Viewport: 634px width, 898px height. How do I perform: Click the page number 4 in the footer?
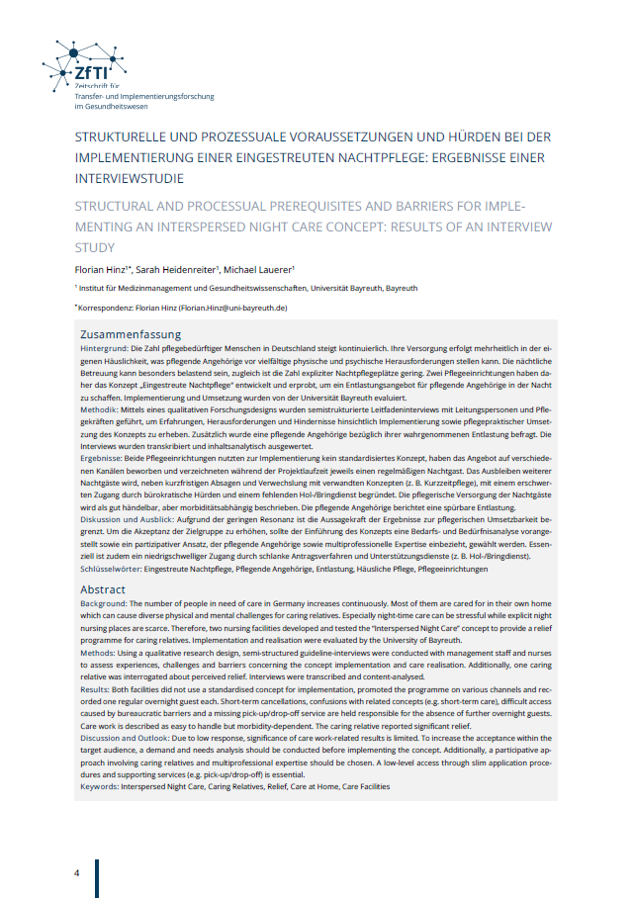75,874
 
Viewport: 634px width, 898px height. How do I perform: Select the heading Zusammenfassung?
130,334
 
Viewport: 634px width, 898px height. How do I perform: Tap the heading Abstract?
103,589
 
